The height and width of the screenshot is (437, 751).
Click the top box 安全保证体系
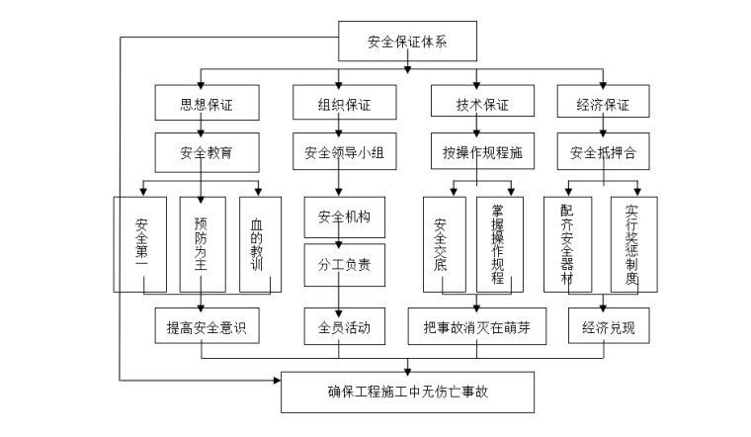407,42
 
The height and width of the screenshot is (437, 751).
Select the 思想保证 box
206,104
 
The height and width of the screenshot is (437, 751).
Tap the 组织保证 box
344,104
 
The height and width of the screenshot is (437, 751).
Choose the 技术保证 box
482,104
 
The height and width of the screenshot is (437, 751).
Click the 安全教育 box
206,153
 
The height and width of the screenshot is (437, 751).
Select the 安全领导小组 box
344,153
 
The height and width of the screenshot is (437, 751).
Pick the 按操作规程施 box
482,153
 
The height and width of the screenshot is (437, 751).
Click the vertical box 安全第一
140,243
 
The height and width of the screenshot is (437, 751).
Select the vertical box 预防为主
202,243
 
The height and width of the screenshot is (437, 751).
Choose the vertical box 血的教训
261,243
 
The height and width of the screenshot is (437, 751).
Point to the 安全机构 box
344,217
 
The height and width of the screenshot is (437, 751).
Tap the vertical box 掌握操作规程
499,243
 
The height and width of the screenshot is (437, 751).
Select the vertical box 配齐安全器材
567,243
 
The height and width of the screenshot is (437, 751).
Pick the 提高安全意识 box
206,327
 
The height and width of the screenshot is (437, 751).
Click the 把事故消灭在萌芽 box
477,327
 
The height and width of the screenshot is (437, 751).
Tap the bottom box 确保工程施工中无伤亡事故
407,392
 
